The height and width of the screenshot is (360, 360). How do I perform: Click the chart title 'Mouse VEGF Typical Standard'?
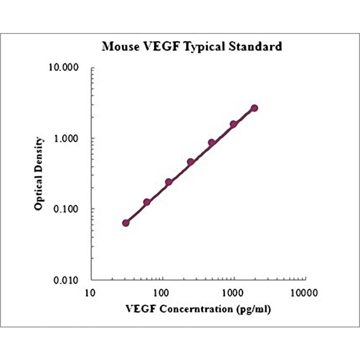click(192, 46)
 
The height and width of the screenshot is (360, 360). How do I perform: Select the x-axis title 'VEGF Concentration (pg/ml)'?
click(198, 309)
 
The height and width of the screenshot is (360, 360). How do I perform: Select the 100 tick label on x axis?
click(162, 293)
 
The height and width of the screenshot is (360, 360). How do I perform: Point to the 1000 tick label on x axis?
click(233, 293)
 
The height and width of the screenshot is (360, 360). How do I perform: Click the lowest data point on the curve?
click(126, 223)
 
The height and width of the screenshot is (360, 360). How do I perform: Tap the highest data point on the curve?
click(254, 108)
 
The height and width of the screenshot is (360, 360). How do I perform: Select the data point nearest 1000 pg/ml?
click(233, 124)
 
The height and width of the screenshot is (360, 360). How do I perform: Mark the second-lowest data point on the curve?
click(147, 202)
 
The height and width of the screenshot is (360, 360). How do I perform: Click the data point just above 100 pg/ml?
click(169, 182)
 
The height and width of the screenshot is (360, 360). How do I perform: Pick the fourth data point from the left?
click(190, 162)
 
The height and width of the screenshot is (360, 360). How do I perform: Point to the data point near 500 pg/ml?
click(212, 143)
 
